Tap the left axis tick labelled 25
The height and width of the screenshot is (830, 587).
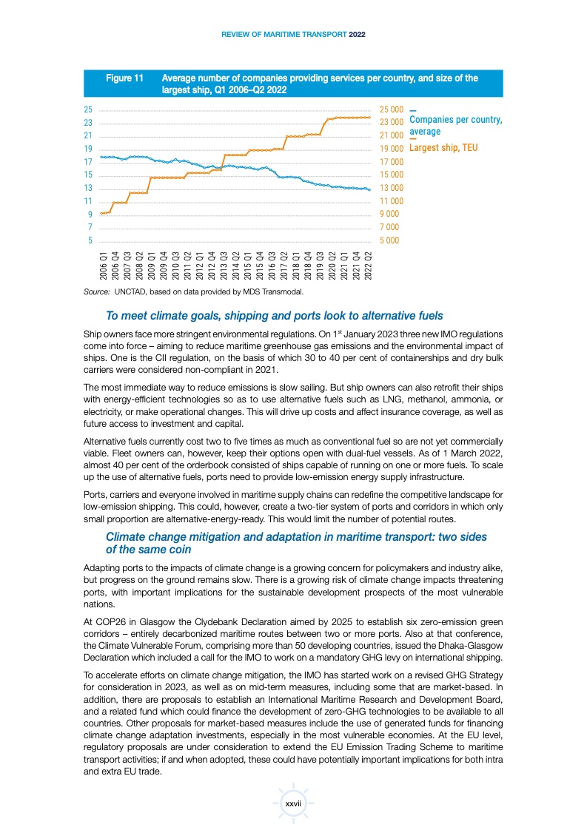88,109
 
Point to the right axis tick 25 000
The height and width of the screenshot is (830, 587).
391,109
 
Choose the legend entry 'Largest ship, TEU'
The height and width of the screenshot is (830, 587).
443,148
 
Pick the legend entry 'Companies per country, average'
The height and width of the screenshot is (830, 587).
455,125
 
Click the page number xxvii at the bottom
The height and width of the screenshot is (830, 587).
293,803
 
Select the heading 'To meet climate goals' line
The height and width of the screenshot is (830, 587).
275,314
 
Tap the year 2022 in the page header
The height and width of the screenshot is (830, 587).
358,35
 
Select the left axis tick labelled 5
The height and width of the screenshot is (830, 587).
90,240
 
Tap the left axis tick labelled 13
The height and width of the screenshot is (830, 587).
88,188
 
